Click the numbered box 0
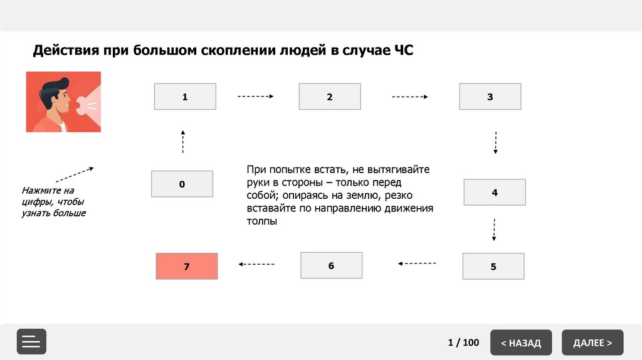point(182,184)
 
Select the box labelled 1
point(185,97)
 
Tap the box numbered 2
point(330,97)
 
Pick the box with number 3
point(490,97)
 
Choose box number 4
point(495,192)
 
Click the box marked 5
point(493,266)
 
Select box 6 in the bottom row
point(331,265)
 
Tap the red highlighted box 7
point(186,266)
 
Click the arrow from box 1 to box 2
point(256,97)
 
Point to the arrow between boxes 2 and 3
point(410,97)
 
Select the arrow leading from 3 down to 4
point(496,143)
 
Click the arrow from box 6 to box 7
point(257,264)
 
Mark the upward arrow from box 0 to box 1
point(183,142)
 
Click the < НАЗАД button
point(521,342)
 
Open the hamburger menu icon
point(31,342)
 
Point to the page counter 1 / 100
point(463,342)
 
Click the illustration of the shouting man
point(63,102)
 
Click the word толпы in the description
point(261,221)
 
